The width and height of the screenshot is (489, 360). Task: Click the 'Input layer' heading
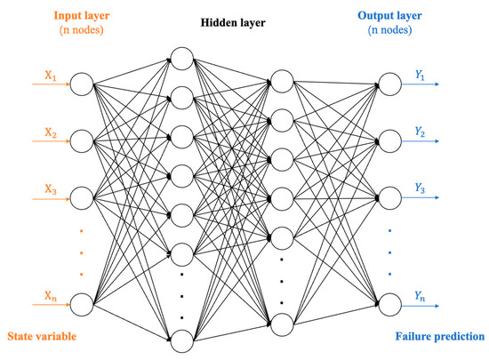(79, 14)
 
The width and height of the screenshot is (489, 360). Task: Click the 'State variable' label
(44, 338)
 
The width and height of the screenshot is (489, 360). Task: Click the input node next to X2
(80, 140)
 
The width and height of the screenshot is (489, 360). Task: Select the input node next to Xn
(80, 305)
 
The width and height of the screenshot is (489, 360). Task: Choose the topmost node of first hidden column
(181, 58)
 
